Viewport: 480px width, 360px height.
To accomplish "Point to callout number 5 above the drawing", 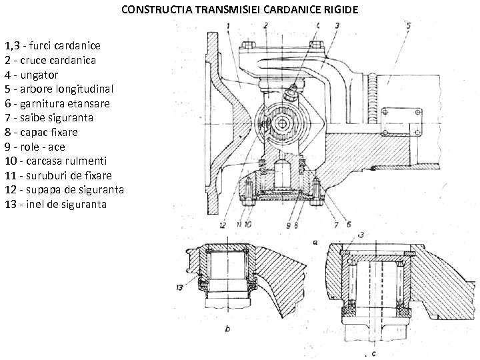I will [x=407, y=25].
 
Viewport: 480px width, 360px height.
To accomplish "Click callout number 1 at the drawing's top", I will [x=228, y=26].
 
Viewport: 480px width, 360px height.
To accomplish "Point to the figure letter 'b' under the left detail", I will [x=227, y=329].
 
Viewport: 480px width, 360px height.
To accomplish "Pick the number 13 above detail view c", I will [x=361, y=235].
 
